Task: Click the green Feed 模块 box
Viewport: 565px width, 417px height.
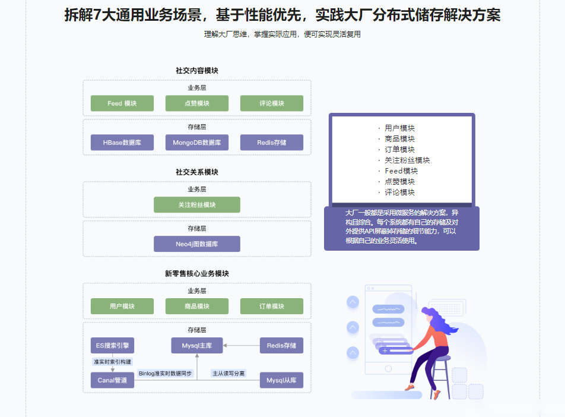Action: (122, 103)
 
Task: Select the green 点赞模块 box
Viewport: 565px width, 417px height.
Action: (197, 103)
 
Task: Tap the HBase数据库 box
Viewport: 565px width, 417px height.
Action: (122, 143)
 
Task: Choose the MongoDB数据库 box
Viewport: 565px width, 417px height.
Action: (197, 143)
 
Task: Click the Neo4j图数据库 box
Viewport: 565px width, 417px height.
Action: (197, 244)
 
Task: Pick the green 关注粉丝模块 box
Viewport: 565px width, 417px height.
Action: (197, 204)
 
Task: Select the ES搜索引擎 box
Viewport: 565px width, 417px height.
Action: (112, 345)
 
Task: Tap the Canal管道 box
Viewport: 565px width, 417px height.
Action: (112, 380)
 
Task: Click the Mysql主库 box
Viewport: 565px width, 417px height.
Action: (197, 345)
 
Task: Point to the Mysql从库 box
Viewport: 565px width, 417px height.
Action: (281, 380)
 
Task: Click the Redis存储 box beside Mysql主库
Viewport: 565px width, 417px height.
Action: (281, 345)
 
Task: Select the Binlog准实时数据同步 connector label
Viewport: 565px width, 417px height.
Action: (165, 374)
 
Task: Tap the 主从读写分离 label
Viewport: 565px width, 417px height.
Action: (228, 374)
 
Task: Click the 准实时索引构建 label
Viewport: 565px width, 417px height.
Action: (112, 361)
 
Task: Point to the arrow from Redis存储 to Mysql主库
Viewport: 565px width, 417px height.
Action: (242, 346)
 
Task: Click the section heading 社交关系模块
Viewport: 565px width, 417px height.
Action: (197, 172)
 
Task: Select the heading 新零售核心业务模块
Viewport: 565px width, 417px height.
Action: (197, 273)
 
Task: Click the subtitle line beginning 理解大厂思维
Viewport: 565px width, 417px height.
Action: (282, 34)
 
